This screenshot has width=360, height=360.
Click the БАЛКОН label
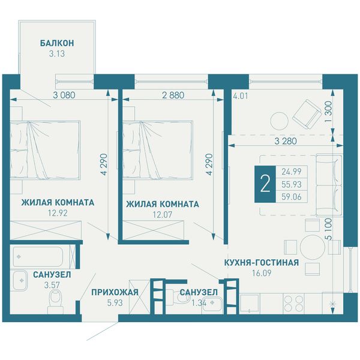[x=57, y=43]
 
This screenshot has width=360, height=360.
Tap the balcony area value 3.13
[x=57, y=54]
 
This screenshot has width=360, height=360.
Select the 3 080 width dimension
[x=64, y=95]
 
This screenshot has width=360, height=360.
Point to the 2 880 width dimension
[x=173, y=95]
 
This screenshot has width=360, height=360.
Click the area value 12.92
[x=58, y=213]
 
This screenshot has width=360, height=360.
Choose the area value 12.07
[x=163, y=215]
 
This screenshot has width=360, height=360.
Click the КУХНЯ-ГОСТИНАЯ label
[x=262, y=262]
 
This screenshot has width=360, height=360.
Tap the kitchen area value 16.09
[x=262, y=273]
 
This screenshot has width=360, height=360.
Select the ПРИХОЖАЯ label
[x=115, y=292]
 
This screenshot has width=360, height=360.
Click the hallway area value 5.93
[x=115, y=303]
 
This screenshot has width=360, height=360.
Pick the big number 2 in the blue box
[x=265, y=184]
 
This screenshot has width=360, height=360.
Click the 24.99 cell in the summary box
[x=292, y=172]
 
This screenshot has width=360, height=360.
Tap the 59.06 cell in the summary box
[x=292, y=197]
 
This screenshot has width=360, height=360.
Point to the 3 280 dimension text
[x=286, y=141]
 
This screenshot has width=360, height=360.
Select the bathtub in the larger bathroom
[x=38, y=256]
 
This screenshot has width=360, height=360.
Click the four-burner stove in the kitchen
[x=293, y=303]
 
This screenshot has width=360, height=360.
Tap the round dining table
[x=312, y=247]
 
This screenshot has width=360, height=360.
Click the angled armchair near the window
[x=307, y=114]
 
